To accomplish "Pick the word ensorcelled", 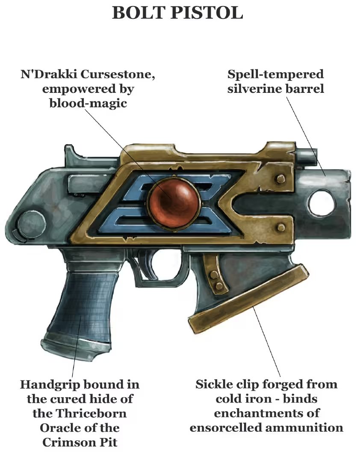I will pyautogui.click(x=223, y=428).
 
